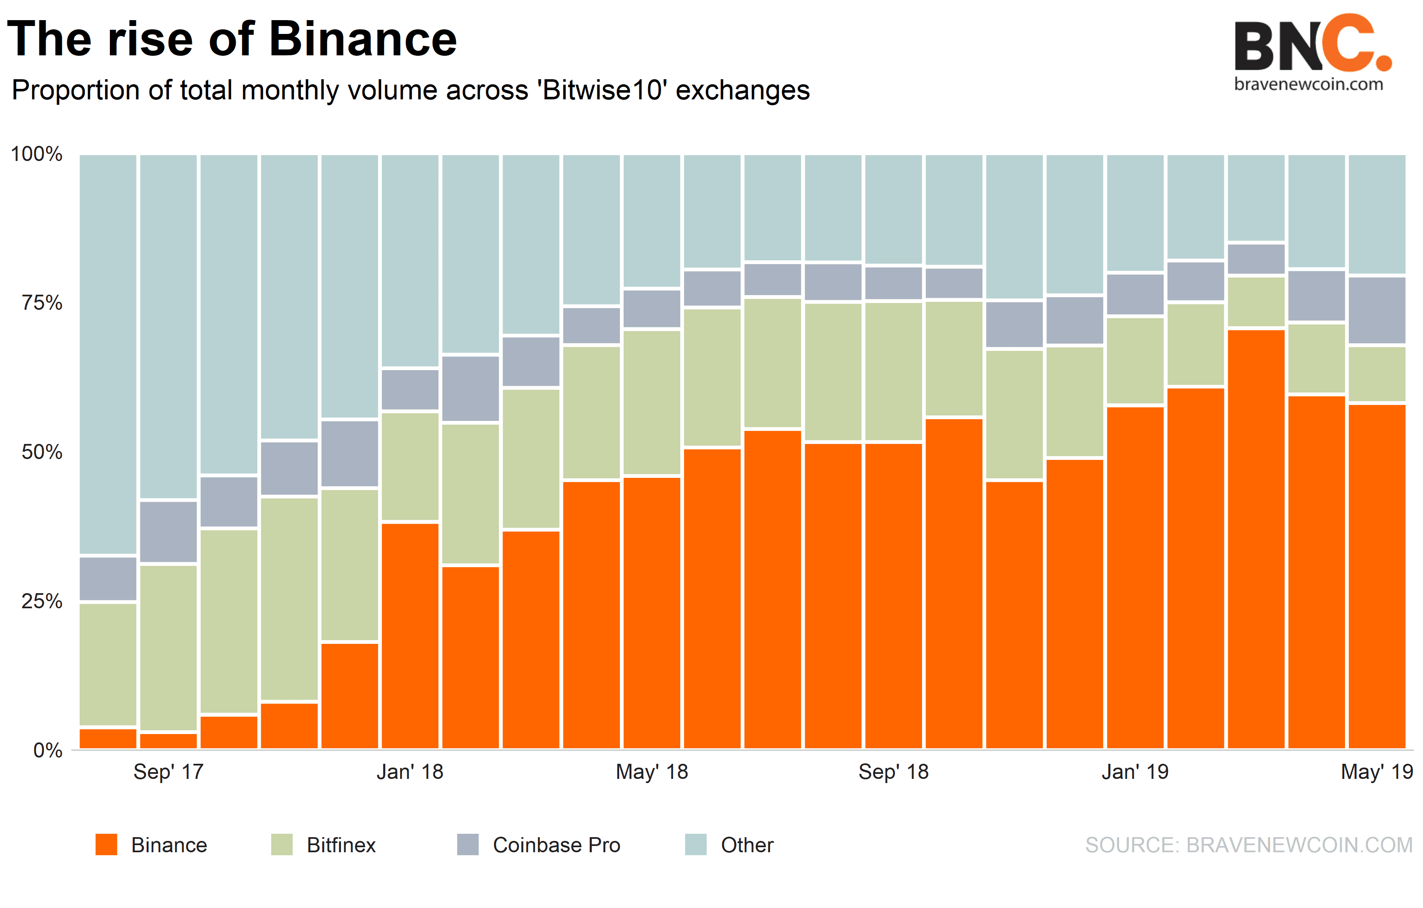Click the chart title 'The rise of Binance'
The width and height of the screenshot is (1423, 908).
[x=232, y=39]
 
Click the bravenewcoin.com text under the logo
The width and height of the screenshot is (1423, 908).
[x=1308, y=85]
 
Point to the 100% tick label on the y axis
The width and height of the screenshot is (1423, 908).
[x=36, y=154]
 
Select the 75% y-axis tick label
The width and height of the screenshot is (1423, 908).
[x=41, y=303]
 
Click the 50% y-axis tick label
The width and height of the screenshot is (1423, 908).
[x=41, y=452]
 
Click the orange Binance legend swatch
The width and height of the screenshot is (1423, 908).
[x=106, y=845]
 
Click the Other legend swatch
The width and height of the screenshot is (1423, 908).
[x=695, y=845]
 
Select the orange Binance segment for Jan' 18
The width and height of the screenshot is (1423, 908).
[x=410, y=636]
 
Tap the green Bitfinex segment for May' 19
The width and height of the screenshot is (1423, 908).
[x=1376, y=374]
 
